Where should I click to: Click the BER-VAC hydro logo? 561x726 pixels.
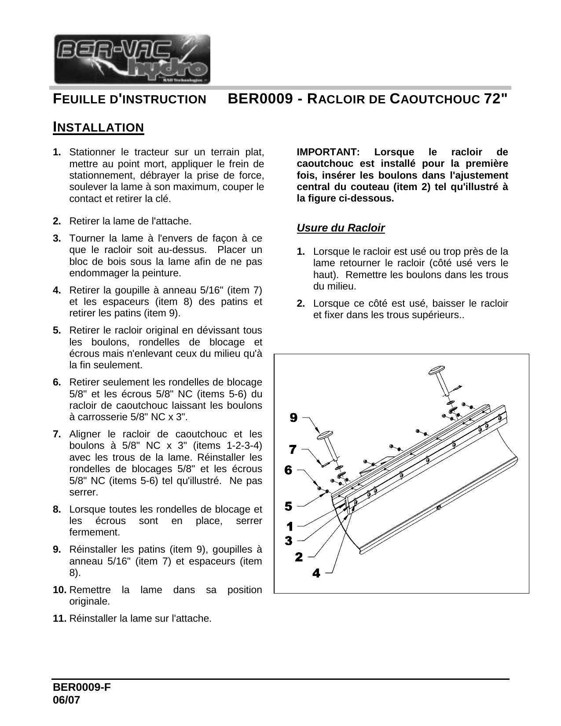(x=132, y=59)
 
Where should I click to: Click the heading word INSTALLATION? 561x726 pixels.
(x=98, y=128)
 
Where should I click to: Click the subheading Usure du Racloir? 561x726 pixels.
(x=341, y=228)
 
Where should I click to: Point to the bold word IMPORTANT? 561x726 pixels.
(x=328, y=152)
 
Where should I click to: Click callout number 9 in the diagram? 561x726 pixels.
(x=293, y=418)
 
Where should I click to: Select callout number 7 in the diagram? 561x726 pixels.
(x=293, y=449)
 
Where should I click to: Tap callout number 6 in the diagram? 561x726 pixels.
(x=288, y=470)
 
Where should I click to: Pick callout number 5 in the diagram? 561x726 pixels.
(x=288, y=506)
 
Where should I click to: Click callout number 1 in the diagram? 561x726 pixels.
(x=290, y=526)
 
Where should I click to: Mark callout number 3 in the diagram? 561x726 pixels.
(x=289, y=541)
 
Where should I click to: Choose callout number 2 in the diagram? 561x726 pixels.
(x=299, y=557)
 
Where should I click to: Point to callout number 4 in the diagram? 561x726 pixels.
(x=316, y=573)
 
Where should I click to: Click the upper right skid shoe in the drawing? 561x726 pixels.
(x=438, y=371)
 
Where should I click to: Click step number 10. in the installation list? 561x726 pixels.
(x=60, y=590)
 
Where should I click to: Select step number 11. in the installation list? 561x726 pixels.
(x=60, y=618)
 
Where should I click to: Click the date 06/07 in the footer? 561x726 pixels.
(x=67, y=700)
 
